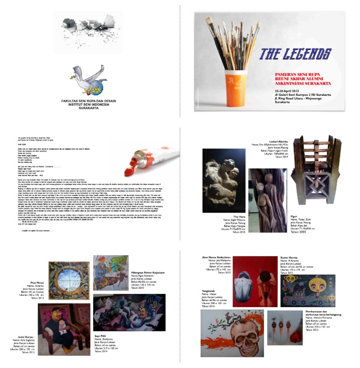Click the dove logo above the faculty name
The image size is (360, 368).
(90, 80)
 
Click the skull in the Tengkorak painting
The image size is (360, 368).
(227, 336)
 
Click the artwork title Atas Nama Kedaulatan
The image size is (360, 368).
(215, 258)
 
